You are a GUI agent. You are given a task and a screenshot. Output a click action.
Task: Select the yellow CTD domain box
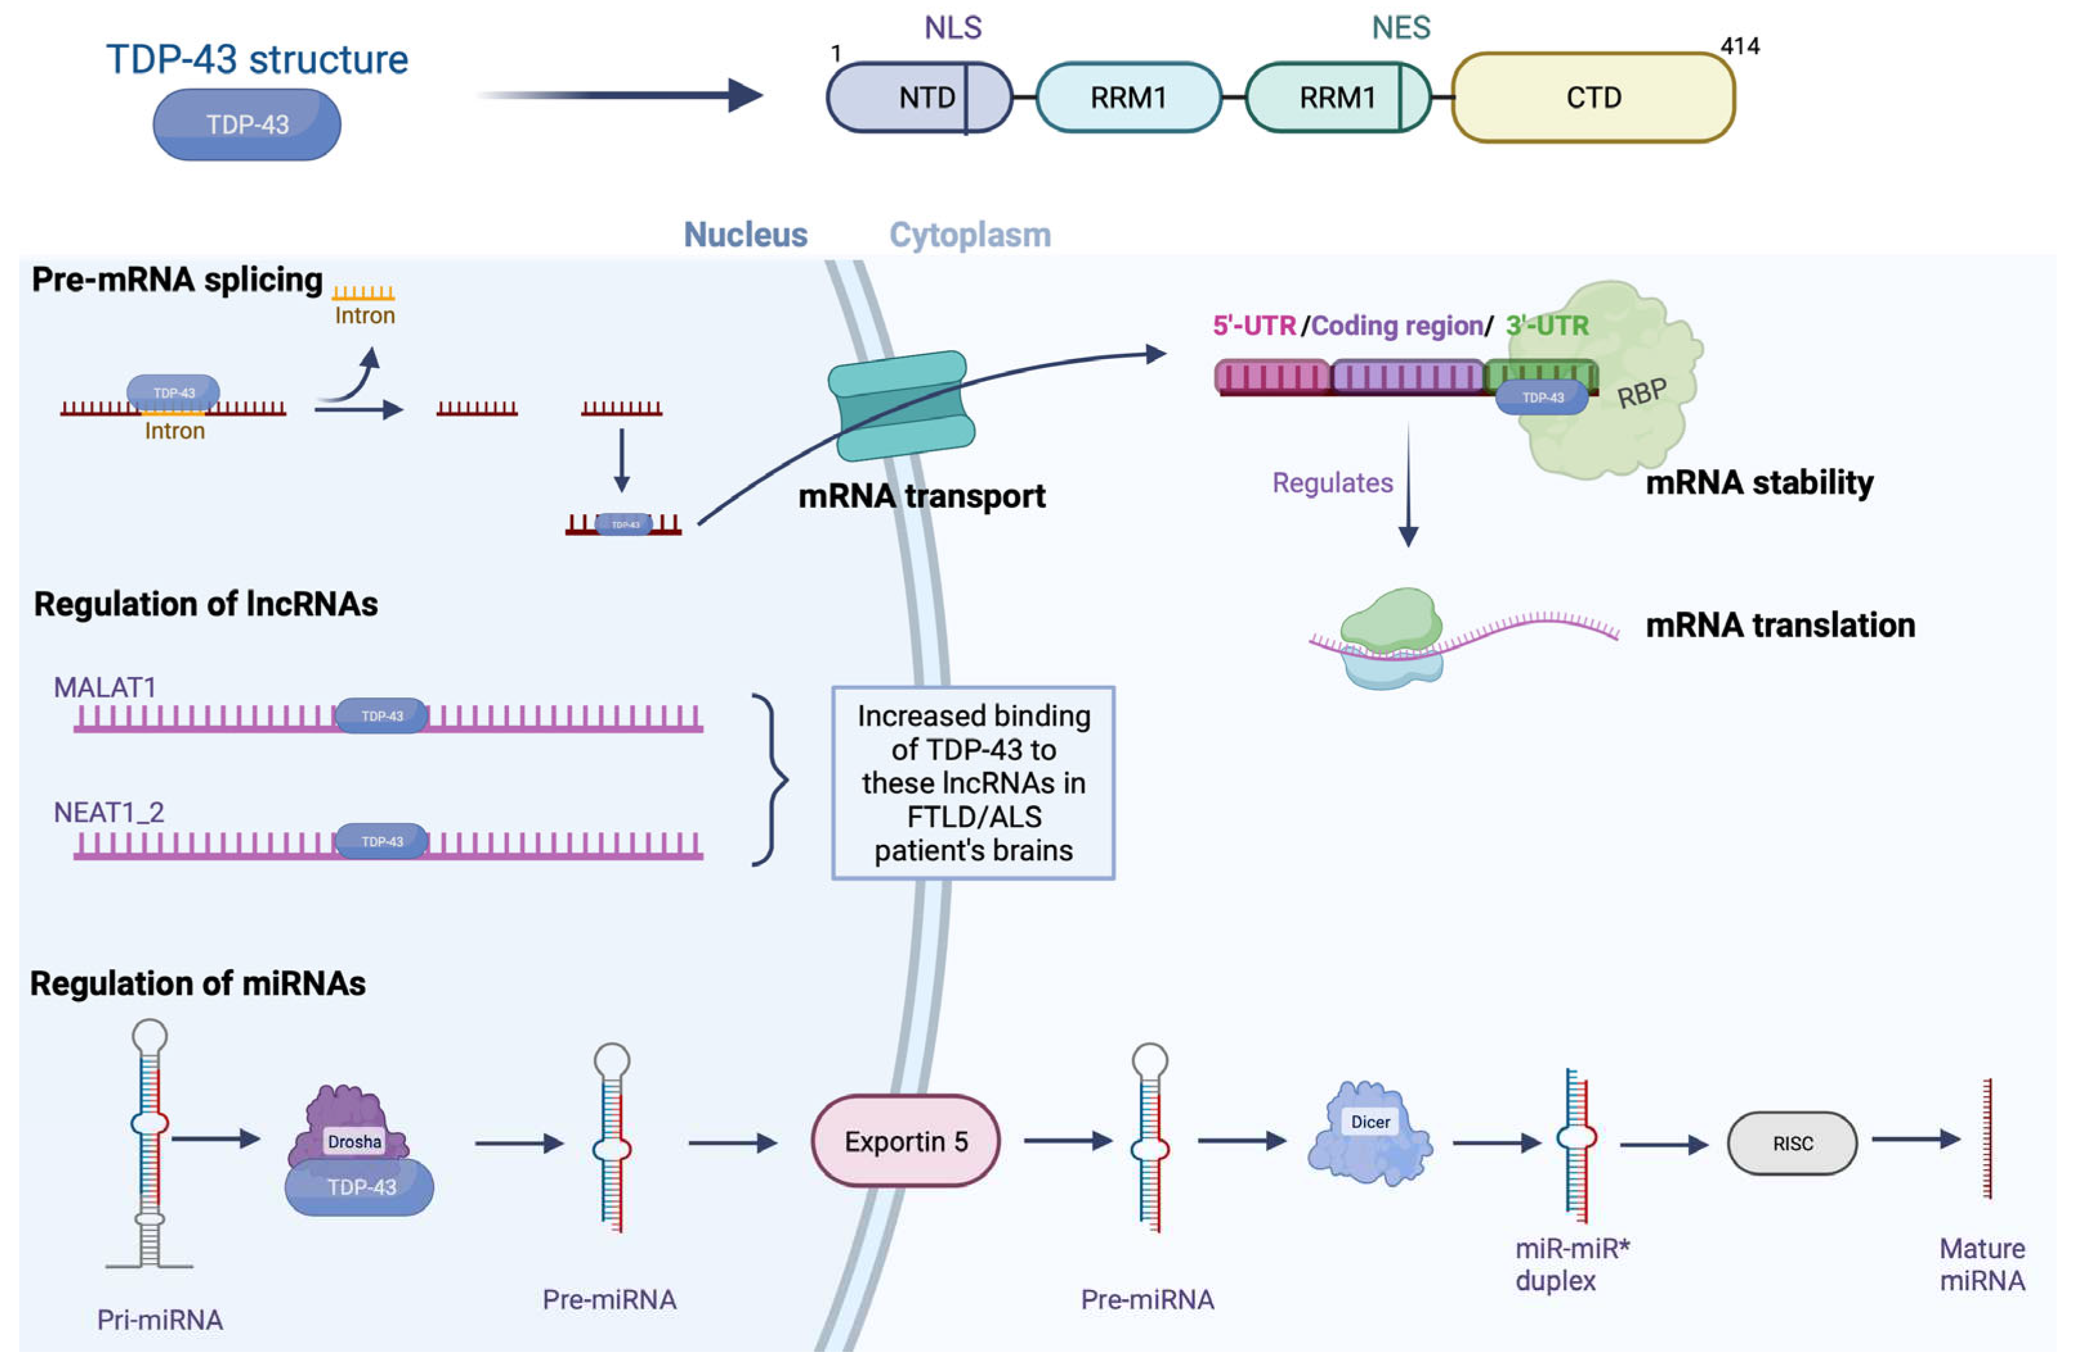[x=1593, y=97]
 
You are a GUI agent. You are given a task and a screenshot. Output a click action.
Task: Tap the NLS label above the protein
[x=953, y=28]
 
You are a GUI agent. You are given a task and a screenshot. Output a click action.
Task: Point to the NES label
[x=1401, y=28]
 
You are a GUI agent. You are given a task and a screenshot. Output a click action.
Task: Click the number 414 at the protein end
[x=1740, y=46]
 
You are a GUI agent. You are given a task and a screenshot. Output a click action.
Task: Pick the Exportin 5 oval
[x=905, y=1141]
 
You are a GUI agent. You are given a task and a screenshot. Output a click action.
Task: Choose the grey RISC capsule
[x=1792, y=1143]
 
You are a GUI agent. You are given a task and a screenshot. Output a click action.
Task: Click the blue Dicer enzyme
[x=1370, y=1134]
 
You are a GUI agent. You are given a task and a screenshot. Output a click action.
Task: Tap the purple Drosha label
[x=354, y=1141]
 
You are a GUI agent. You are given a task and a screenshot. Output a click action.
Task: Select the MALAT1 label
[x=105, y=687]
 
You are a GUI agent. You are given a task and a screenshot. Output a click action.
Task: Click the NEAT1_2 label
[x=109, y=812]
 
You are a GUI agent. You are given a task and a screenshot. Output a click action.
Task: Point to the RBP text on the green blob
[x=1642, y=393]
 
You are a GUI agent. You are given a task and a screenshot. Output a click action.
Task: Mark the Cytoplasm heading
[x=970, y=235]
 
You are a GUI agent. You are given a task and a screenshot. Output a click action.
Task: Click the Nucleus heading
[x=745, y=235]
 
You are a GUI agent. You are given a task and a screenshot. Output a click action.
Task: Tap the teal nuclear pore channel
[x=901, y=405]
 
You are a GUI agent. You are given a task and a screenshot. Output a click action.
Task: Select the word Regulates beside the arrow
[x=1332, y=483]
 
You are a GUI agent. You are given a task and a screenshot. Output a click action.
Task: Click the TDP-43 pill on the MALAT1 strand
[x=382, y=716]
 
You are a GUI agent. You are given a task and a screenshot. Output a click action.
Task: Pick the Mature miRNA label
[x=1982, y=1264]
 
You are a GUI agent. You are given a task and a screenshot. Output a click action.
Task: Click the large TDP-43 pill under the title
[x=247, y=125]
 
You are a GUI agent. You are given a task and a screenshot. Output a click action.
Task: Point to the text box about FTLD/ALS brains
[x=973, y=782]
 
